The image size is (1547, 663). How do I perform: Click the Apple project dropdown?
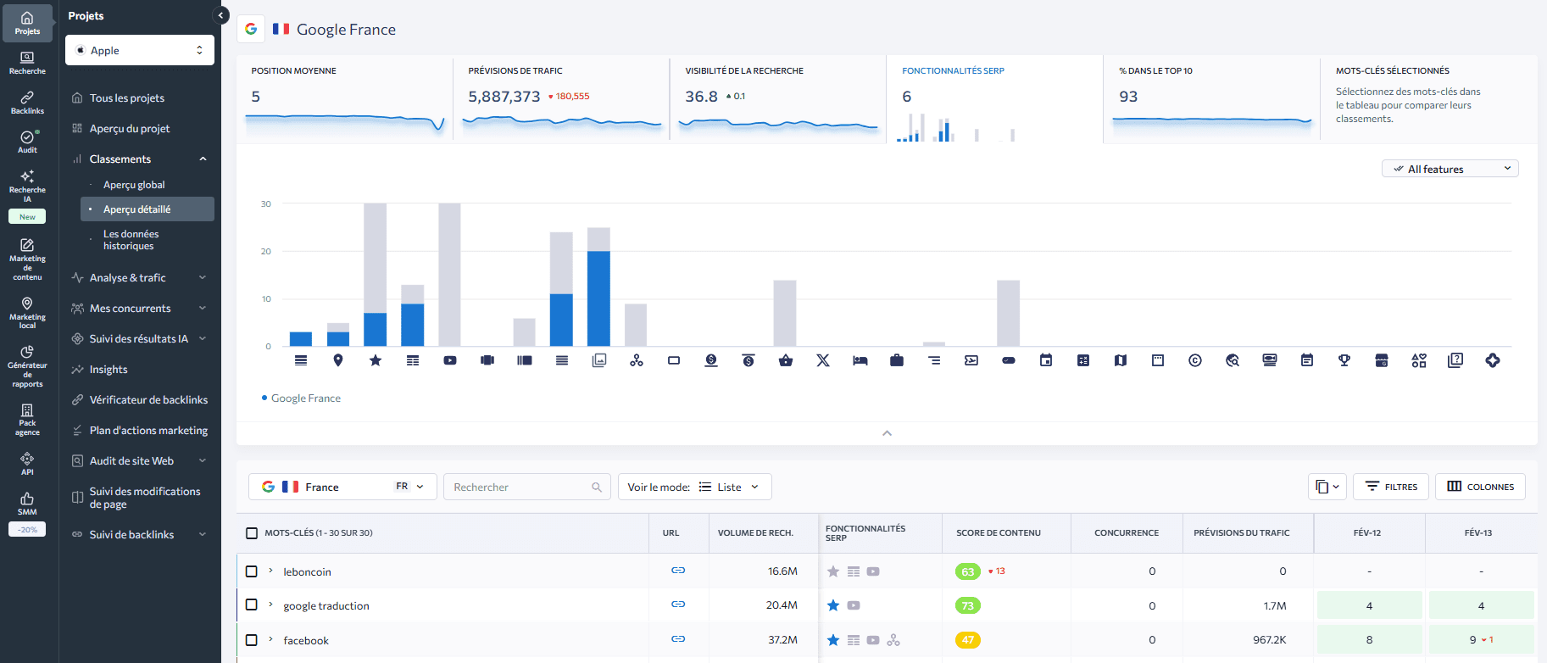coord(140,50)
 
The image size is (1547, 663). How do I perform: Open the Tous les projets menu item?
coord(127,98)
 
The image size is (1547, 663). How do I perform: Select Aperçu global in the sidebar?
coord(134,185)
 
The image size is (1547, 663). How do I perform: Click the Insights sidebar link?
coord(109,370)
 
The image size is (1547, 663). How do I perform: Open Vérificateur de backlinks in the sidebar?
coord(148,400)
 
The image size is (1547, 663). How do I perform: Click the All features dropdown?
coord(1450,169)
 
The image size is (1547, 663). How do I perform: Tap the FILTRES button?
coord(1391,487)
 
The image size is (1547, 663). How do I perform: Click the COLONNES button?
coord(1480,487)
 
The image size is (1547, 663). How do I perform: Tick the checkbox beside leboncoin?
coord(252,571)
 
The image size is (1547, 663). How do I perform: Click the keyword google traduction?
coord(326,606)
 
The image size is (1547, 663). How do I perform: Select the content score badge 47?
coord(967,640)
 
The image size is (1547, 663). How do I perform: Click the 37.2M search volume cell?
coord(782,640)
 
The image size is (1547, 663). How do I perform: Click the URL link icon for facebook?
coord(678,639)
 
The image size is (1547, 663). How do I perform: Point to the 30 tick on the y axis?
coord(266,203)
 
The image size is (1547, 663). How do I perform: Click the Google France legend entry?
coord(305,398)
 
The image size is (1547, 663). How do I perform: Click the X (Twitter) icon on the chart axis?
coord(822,360)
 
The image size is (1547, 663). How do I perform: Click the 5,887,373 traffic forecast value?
coord(504,97)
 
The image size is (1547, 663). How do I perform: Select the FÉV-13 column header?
coord(1477,533)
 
